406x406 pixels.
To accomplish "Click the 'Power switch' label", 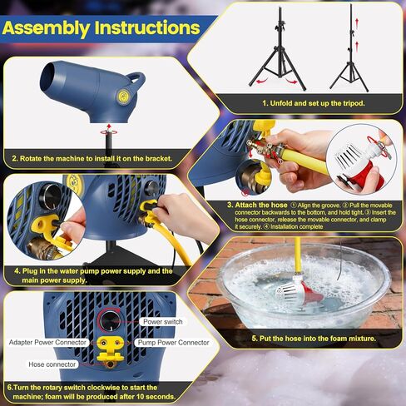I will [163, 320].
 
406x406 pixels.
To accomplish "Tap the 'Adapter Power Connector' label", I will [51, 342].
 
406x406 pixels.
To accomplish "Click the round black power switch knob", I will [110, 321].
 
